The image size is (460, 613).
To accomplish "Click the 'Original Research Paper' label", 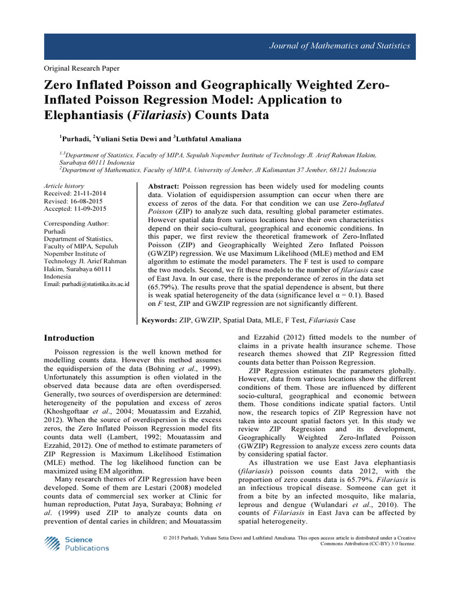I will (x=81, y=69).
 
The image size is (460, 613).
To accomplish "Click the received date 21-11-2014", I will (x=88, y=194).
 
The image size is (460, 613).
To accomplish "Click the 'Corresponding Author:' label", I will (x=77, y=223).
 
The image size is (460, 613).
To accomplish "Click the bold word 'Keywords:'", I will (x=159, y=320).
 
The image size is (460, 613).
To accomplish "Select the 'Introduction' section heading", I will (x=69, y=338).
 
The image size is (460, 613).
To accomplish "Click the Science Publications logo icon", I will (x=52, y=543).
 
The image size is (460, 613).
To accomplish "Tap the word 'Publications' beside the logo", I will (x=87, y=548).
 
